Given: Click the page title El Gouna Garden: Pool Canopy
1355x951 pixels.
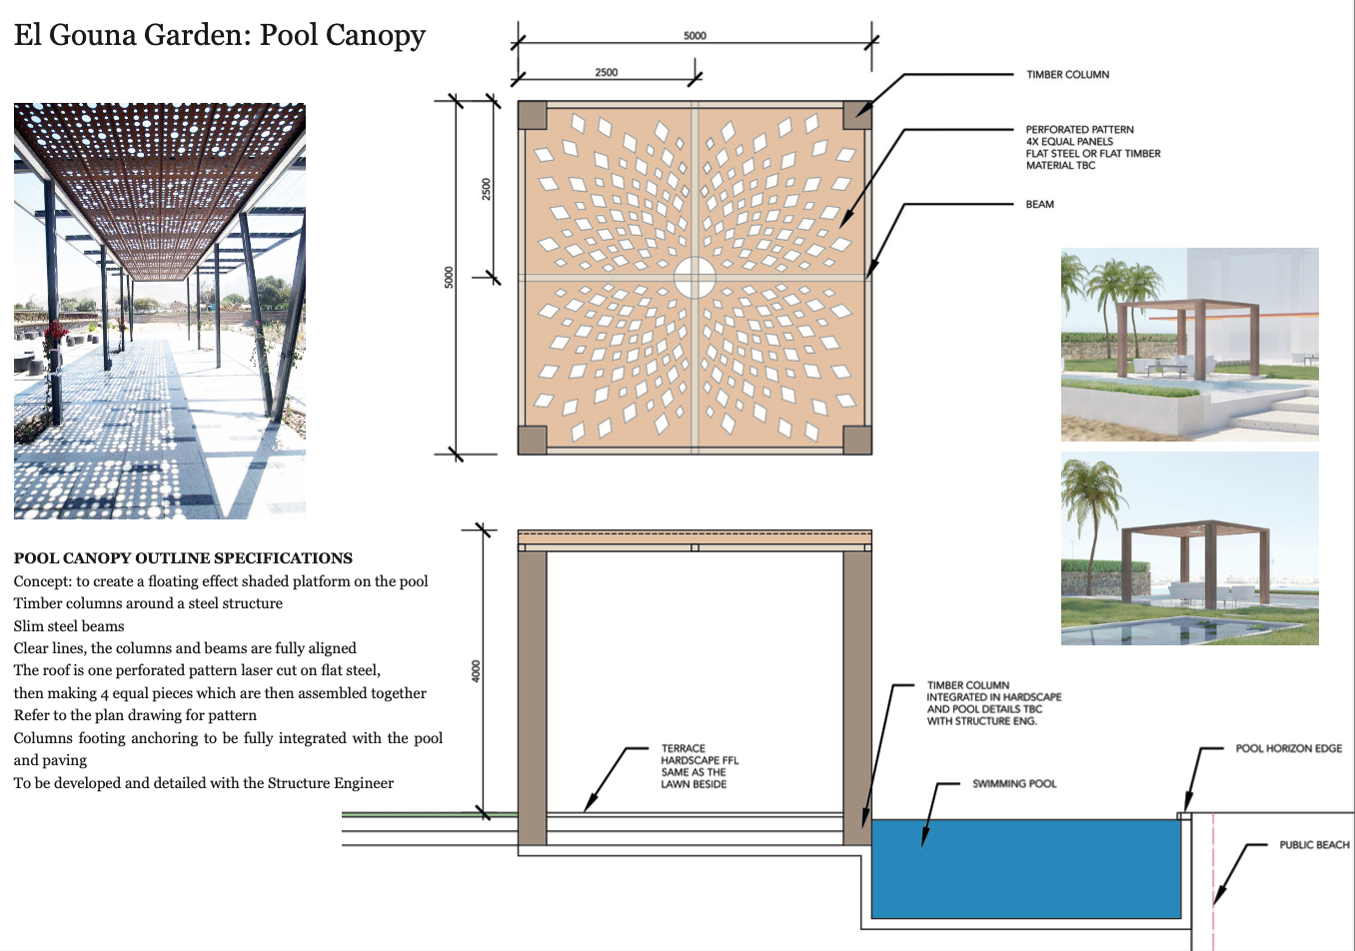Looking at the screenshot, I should coord(220,35).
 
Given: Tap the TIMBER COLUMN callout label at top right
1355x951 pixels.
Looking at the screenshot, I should coord(1067,75).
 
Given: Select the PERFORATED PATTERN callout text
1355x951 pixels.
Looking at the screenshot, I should coord(1092,147).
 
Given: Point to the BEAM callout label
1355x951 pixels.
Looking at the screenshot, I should coord(1039,205).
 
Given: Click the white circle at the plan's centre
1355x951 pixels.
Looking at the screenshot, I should coord(694,277).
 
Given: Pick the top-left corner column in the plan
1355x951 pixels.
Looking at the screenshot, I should coord(533,115).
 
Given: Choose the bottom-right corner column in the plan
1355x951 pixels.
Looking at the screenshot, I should coord(856,440).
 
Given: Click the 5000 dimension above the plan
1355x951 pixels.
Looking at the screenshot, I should coord(694,36).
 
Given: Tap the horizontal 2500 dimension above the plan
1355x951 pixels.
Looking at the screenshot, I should coord(606,72).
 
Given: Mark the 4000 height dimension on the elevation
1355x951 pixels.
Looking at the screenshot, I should coord(476,670).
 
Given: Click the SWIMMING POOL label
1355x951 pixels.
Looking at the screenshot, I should coord(1014,784).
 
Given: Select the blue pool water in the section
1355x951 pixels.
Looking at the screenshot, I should coord(1025,869).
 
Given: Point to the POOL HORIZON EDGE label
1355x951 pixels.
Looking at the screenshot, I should coord(1288,748).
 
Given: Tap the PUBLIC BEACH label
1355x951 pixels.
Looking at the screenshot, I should coord(1314,845).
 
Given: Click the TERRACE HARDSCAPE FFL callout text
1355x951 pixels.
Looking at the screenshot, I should coord(698,766).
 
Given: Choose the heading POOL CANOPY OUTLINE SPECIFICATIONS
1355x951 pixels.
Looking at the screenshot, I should coord(183,558).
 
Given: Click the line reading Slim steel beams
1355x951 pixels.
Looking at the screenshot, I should coord(69,626).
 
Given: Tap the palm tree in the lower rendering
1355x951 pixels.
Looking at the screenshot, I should coord(1091,499).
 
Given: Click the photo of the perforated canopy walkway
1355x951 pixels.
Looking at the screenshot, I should coord(160,311).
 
